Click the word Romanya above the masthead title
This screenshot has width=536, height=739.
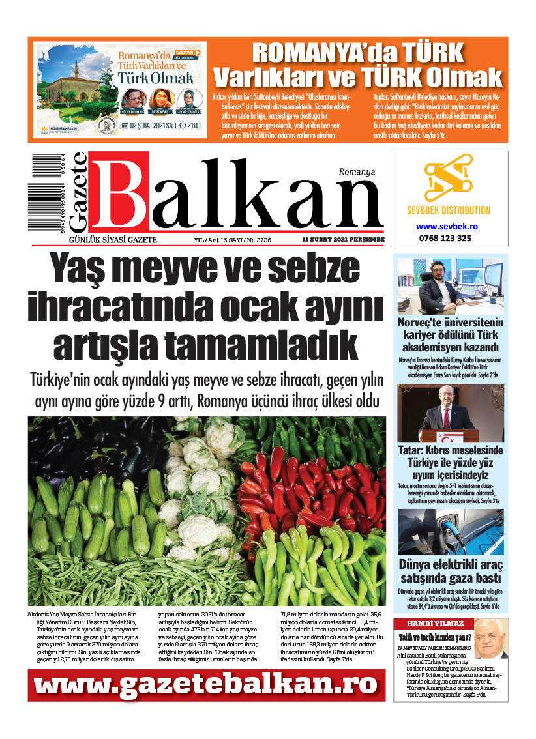(x=357, y=171)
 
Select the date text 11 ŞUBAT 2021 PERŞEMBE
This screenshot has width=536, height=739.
(x=343, y=240)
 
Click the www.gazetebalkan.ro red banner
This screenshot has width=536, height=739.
(x=206, y=684)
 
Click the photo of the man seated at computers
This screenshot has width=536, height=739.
(x=451, y=287)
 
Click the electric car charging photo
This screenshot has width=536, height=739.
(x=451, y=531)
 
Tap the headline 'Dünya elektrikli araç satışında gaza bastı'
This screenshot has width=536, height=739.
(x=451, y=571)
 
